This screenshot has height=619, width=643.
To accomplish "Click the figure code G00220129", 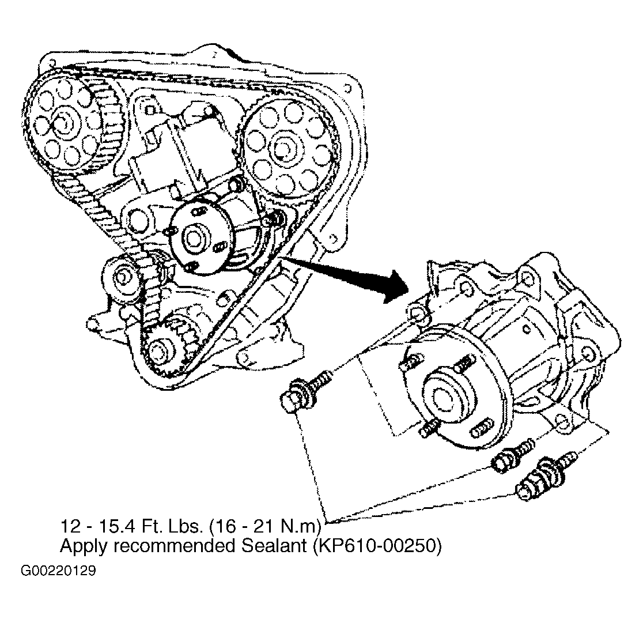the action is tap(58, 571).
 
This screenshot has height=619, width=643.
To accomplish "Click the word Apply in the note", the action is tap(81, 548).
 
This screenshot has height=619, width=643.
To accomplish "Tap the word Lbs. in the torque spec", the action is tap(186, 526).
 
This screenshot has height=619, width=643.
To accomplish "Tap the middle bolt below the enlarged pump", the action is tap(513, 455).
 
